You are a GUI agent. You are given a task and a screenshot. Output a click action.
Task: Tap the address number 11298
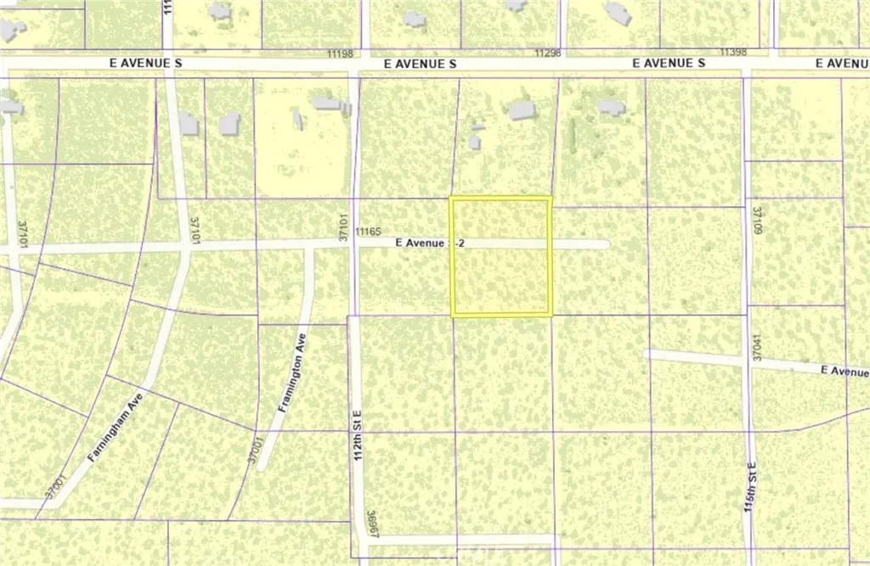point(547,53)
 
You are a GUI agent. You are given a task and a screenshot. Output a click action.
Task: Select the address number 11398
point(732,53)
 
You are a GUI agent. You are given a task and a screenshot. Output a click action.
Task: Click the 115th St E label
point(752,493)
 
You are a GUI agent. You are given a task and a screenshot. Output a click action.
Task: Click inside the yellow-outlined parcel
point(500,280)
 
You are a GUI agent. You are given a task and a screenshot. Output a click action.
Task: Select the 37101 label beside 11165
point(345,229)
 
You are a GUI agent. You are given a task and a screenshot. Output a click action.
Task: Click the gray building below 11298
point(520,110)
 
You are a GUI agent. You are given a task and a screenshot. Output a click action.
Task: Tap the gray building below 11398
point(612,107)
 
